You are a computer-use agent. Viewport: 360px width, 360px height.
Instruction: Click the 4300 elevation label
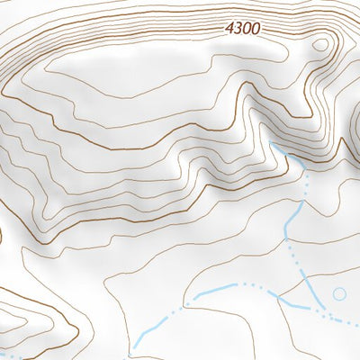click(x=243, y=28)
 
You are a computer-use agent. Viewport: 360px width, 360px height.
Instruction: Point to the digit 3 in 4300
click(x=239, y=28)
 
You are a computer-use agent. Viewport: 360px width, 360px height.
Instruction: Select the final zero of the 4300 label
click(x=256, y=28)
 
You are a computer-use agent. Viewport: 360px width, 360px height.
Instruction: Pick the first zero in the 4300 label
click(x=247, y=28)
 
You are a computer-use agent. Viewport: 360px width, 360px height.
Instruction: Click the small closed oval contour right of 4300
click(x=319, y=45)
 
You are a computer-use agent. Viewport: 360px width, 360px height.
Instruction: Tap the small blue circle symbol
click(x=339, y=293)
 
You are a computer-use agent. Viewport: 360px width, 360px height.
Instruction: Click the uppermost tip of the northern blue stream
click(x=271, y=144)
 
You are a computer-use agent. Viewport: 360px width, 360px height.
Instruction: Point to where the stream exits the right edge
click(x=359, y=325)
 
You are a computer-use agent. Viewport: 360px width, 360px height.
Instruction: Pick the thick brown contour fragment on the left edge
click(x=1, y=237)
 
